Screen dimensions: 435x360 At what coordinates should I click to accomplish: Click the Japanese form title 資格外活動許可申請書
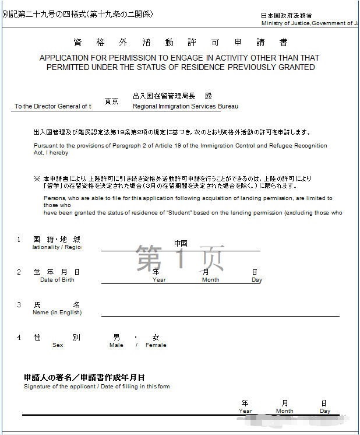pos(181,43)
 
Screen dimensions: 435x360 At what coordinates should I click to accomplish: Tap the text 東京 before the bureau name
pos(112,101)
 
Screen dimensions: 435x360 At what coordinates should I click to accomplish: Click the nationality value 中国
pos(181,243)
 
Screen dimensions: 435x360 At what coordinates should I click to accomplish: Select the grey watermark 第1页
pos(181,258)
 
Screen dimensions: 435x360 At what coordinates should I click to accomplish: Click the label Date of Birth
pos(57,280)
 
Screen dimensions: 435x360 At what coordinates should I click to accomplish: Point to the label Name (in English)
pos(57,313)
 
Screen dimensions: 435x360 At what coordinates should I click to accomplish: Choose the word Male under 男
pos(117,345)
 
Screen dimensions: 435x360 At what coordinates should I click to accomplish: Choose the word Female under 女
pos(156,345)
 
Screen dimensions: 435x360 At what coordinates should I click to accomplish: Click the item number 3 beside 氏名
pos(19,305)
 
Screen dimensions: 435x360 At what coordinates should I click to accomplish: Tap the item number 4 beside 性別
pos(19,338)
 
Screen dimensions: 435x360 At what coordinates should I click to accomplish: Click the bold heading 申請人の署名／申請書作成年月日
pos(84,377)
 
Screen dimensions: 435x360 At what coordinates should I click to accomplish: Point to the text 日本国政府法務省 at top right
pos(286,16)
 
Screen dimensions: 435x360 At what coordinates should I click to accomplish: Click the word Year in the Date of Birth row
pos(159,280)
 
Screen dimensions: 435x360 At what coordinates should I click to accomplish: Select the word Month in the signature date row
pos(285,411)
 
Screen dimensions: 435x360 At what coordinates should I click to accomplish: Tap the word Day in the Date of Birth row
pos(257,280)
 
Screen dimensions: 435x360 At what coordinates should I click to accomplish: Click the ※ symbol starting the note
pos(37,178)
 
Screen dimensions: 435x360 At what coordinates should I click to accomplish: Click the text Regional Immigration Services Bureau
pos(185,107)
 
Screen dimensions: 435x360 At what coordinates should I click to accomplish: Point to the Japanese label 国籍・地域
pos(57,239)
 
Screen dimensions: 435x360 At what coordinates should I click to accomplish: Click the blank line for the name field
pos(220,315)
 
